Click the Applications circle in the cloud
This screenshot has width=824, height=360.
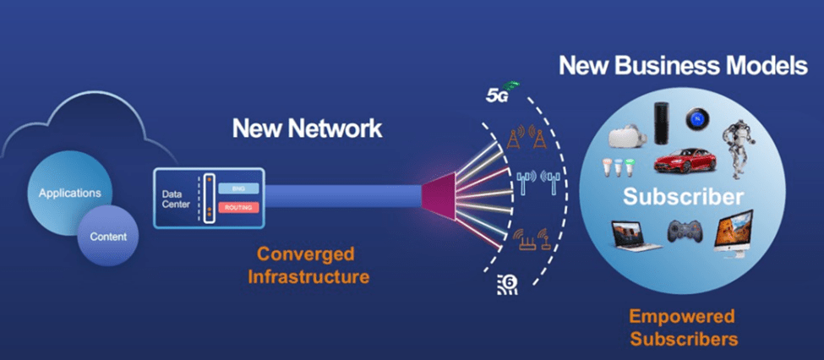point(69,194)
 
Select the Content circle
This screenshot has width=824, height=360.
point(109,237)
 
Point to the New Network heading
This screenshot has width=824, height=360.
point(307,128)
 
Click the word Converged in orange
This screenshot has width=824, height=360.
point(305,254)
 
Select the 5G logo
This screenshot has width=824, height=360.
point(501,91)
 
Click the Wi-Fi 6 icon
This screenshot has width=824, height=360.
point(507,284)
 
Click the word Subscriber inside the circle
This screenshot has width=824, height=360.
point(684,197)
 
